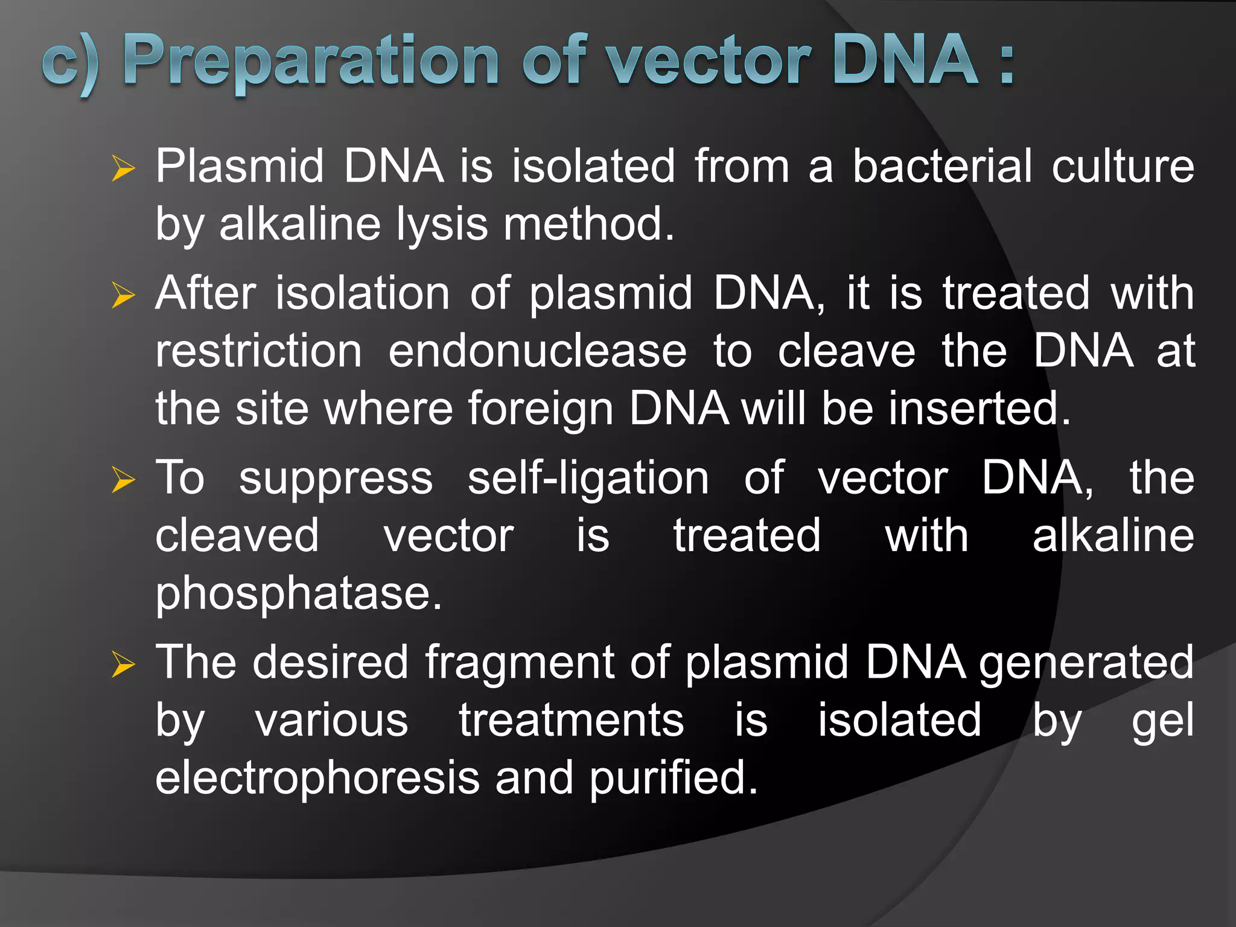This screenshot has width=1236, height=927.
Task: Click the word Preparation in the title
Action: coord(311,60)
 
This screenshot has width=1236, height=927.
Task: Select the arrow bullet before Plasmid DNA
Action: coord(123,168)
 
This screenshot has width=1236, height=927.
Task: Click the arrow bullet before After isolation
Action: coord(123,295)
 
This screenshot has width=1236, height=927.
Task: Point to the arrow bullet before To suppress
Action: coord(123,480)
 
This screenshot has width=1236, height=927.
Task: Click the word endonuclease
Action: coord(537,351)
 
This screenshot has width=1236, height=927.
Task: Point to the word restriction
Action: coord(259,351)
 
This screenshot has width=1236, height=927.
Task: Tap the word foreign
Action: coord(540,409)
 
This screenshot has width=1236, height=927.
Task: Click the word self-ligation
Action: coord(588,478)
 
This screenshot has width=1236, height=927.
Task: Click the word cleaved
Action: coord(237,536)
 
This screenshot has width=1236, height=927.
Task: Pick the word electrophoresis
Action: coord(317,778)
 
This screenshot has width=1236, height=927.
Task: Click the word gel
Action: coord(1162,721)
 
